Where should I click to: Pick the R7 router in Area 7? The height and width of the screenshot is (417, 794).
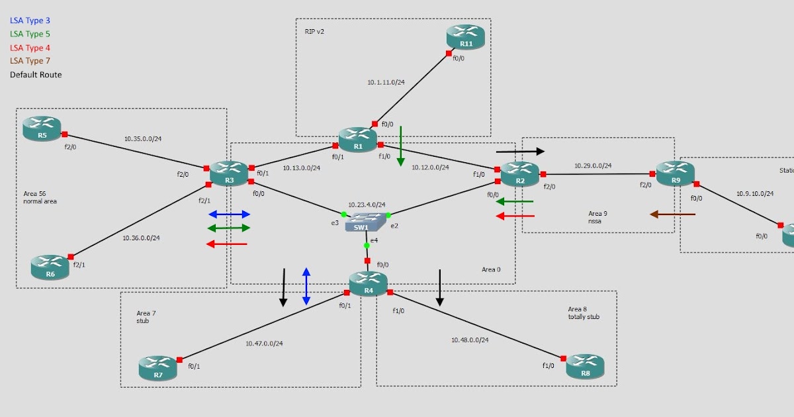click(x=158, y=368)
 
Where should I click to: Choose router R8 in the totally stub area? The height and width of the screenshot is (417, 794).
click(x=586, y=366)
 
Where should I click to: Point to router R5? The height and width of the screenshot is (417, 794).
click(x=42, y=128)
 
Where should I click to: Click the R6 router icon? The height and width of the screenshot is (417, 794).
click(x=50, y=267)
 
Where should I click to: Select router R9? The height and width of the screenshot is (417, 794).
click(x=675, y=173)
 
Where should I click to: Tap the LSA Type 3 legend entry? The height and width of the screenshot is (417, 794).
click(x=30, y=21)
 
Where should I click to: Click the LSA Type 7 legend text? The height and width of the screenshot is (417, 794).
click(x=30, y=61)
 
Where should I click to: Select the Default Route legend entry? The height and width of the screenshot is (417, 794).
click(x=36, y=75)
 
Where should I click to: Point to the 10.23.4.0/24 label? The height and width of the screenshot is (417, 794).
click(x=367, y=205)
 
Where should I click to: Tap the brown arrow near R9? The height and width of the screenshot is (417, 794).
click(x=672, y=214)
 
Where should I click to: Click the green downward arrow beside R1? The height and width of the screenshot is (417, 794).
click(x=400, y=146)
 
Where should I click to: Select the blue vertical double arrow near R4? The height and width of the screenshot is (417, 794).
click(x=306, y=286)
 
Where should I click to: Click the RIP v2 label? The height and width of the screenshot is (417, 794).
click(x=314, y=31)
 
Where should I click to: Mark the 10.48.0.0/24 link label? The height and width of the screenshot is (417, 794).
click(x=470, y=340)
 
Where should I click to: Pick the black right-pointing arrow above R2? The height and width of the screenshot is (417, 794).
click(x=520, y=151)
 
